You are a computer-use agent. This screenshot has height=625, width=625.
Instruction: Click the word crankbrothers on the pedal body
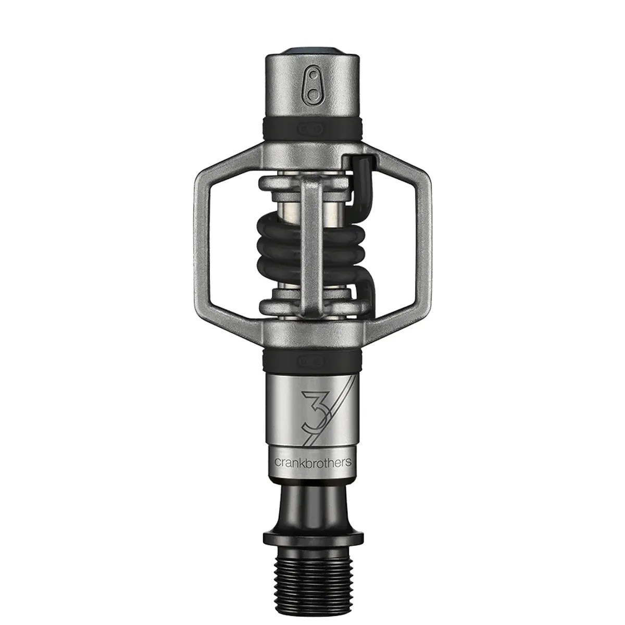point(312,447)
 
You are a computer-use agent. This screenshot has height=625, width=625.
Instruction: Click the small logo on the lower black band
point(312,359)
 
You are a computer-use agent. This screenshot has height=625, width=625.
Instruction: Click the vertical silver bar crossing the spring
point(312,240)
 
